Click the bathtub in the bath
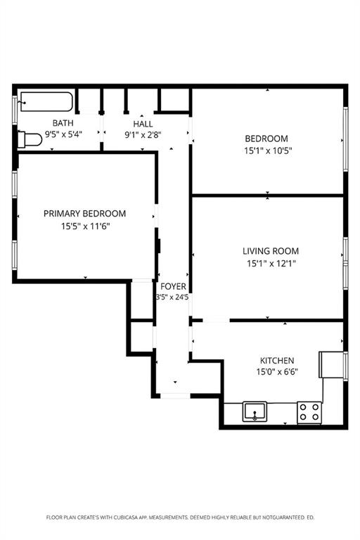(x=46, y=103)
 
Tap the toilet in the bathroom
(x=30, y=139)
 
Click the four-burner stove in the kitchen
(x=309, y=411)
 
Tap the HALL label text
(x=143, y=123)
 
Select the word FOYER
(x=173, y=286)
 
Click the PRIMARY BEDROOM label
(x=84, y=214)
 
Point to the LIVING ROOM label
(x=270, y=251)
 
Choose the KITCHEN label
(x=277, y=360)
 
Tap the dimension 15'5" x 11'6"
(x=84, y=226)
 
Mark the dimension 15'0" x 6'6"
(x=277, y=372)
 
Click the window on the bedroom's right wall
(x=345, y=139)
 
